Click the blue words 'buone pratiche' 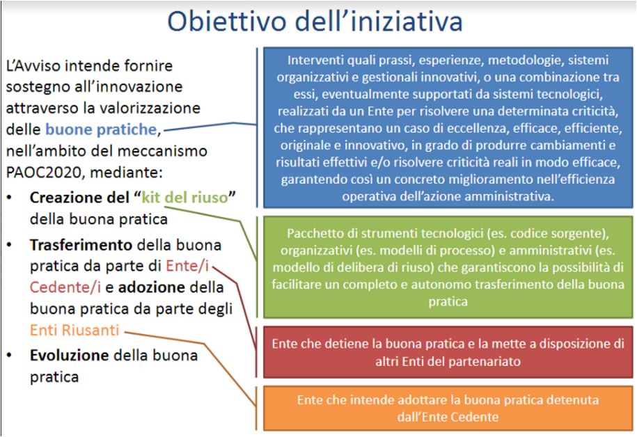coord(101,129)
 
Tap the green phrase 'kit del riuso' coord(184,198)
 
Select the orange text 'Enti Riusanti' coord(74,330)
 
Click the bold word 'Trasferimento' coord(81,245)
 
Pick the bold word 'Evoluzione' coord(69,356)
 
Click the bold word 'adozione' coord(152,287)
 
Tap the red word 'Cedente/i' coord(65,287)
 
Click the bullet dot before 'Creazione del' coord(9,198)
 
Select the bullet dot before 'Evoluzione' coord(9,356)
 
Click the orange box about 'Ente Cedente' coord(448,408)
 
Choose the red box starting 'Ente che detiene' coord(448,352)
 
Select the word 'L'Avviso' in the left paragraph coord(32,66)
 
